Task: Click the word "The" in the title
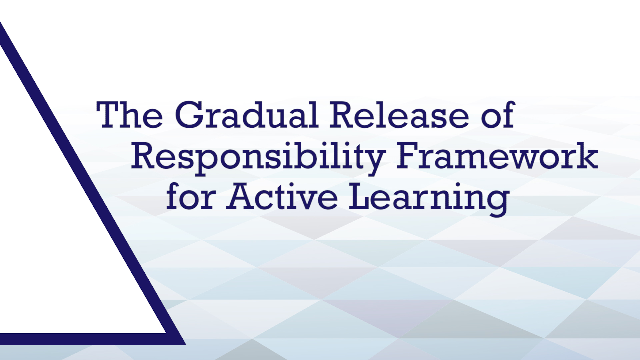coord(130,115)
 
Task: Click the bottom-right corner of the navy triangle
coord(185,344)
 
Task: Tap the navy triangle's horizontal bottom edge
coord(90,339)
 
